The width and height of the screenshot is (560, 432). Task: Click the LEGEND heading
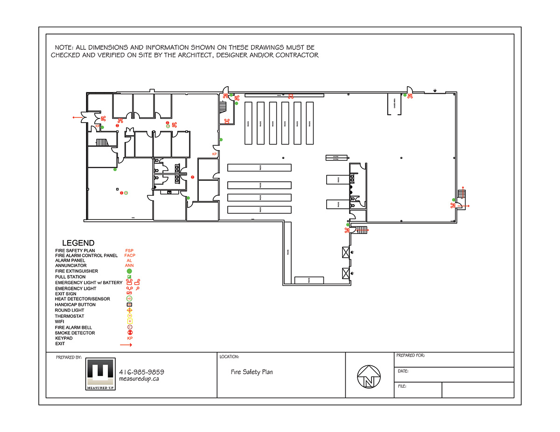pyautogui.click(x=78, y=243)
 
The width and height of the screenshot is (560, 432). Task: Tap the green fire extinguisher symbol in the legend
pyautogui.click(x=129, y=271)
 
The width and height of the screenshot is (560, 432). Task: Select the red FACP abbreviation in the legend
pyautogui.click(x=130, y=255)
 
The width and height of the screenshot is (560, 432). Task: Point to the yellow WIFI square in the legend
pyautogui.click(x=130, y=322)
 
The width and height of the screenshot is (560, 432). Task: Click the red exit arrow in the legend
pyautogui.click(x=126, y=345)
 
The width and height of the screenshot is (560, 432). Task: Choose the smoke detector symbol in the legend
pyautogui.click(x=130, y=333)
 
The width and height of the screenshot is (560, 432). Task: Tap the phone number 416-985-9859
pyautogui.click(x=141, y=372)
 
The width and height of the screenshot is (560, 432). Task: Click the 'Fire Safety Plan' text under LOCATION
pyautogui.click(x=252, y=372)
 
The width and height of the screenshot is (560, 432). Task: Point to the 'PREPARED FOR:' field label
pyautogui.click(x=410, y=356)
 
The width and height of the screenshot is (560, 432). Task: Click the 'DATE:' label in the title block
pyautogui.click(x=403, y=371)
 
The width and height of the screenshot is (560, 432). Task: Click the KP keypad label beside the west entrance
pyautogui.click(x=98, y=126)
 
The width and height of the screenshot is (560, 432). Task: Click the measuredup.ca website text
pyautogui.click(x=139, y=379)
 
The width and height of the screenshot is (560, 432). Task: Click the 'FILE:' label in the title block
pyautogui.click(x=402, y=386)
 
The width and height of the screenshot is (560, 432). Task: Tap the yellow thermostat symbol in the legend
pyautogui.click(x=130, y=316)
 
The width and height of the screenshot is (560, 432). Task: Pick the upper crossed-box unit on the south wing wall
pyautogui.click(x=346, y=253)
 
